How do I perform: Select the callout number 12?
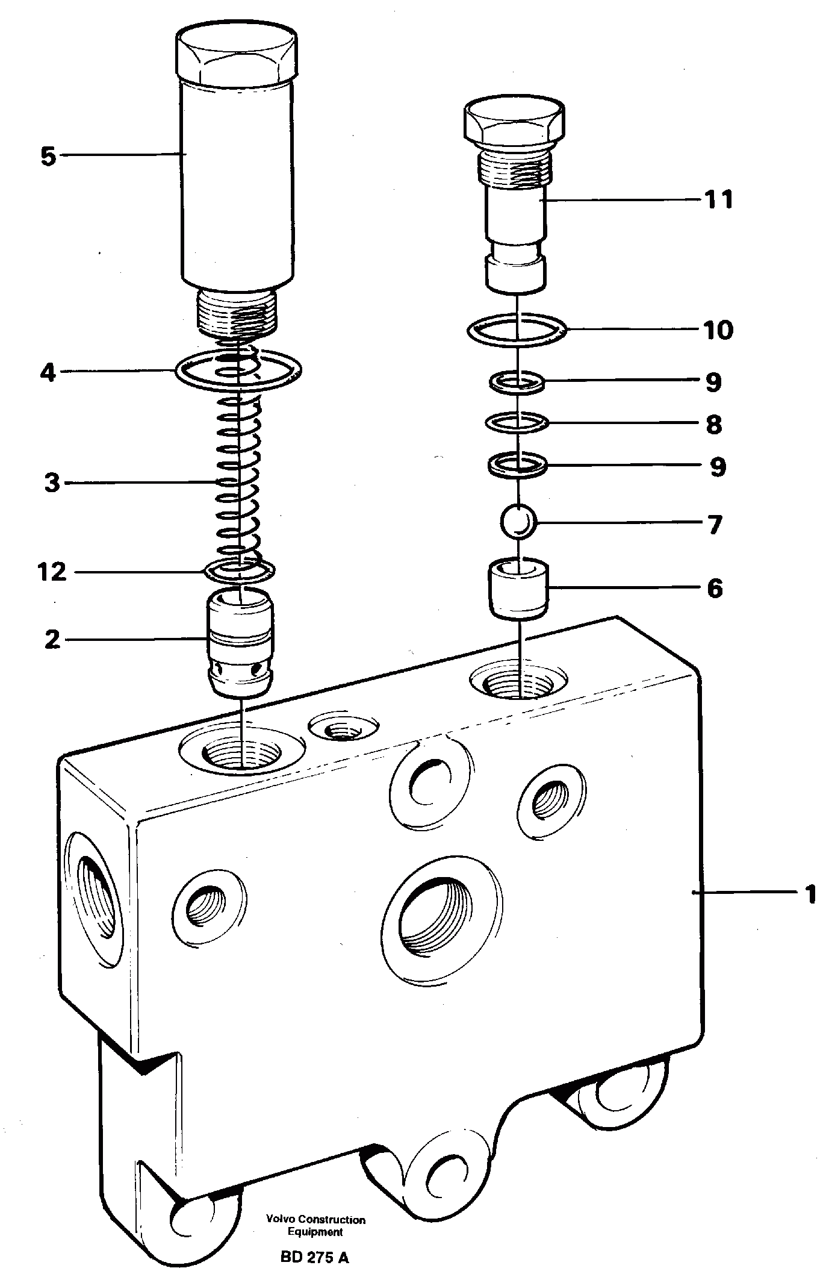[x=52, y=571]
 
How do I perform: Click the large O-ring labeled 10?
[x=517, y=330]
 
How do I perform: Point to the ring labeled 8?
[x=517, y=423]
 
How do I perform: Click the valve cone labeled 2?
[x=240, y=645]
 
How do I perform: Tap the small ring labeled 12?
[x=240, y=569]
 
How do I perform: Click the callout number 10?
[x=718, y=329]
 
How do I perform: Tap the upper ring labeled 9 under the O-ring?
[x=517, y=382]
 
